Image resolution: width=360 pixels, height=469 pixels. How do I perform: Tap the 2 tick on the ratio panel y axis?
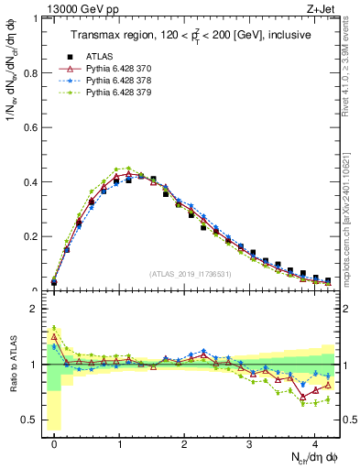(x=33, y=309)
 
